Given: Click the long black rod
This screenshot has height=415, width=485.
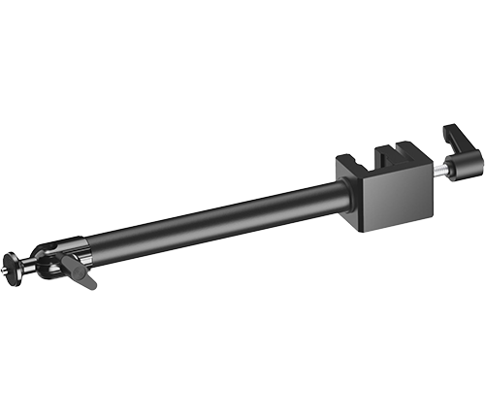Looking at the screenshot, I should coord(213,223).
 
